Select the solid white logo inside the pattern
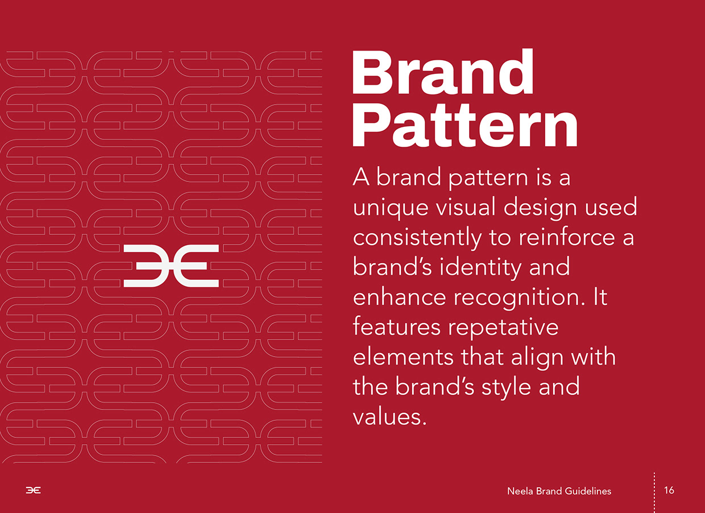pos(171,266)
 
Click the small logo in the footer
pos(33,491)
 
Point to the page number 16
pos(669,490)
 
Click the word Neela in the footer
pos(520,491)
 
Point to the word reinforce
pos(562,237)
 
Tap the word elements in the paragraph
pos(403,357)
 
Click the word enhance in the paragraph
pos(399,297)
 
